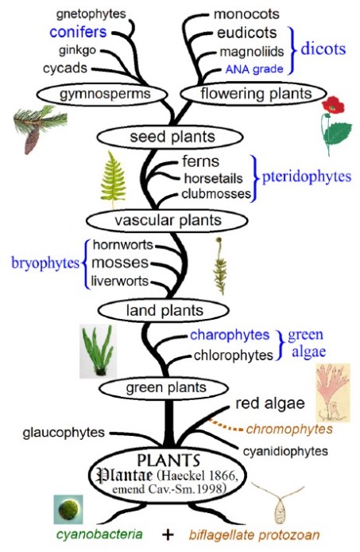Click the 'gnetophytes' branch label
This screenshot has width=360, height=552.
(91, 14)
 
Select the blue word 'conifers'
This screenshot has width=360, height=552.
(78, 32)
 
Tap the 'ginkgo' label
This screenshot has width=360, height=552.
(77, 51)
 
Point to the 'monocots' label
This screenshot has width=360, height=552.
(246, 14)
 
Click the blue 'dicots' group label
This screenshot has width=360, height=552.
(323, 49)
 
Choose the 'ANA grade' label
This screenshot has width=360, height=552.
(254, 69)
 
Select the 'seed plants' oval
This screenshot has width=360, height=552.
(170, 137)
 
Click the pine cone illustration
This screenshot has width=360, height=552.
(32, 139)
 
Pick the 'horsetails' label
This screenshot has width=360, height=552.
(213, 178)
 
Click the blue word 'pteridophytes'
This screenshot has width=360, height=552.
(307, 177)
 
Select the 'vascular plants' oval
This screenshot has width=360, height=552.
(167, 221)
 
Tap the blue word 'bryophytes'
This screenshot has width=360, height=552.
(45, 263)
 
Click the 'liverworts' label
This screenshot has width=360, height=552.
(120, 281)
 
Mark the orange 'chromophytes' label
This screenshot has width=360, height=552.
(289, 430)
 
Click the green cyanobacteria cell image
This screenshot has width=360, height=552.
(68, 509)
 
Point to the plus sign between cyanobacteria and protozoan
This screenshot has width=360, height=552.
(168, 535)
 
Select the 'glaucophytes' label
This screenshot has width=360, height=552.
(64, 433)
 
